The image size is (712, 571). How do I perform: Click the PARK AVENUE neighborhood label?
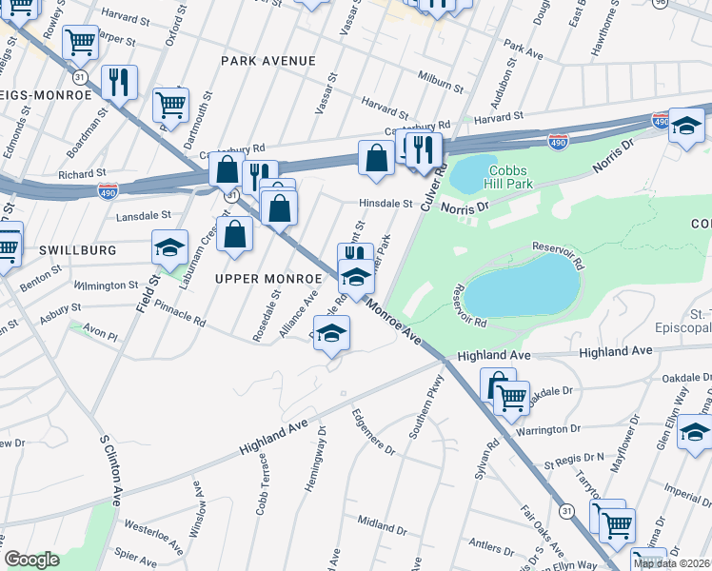[x=267, y=61]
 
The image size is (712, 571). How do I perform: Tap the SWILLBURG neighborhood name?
[x=77, y=250]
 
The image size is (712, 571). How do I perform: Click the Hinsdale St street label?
[x=386, y=204]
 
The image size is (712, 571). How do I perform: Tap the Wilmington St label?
[x=106, y=285]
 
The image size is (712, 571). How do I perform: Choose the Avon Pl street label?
[x=100, y=336]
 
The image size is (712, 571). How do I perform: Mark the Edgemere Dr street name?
[x=372, y=432]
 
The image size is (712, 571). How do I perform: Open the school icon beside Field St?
[x=169, y=248]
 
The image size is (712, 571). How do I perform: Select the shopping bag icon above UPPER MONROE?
[x=234, y=234]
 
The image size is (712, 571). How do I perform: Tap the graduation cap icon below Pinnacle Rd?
[x=331, y=333]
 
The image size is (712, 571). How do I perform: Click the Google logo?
[x=31, y=560]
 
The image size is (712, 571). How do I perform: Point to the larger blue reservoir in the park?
[x=522, y=285]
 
